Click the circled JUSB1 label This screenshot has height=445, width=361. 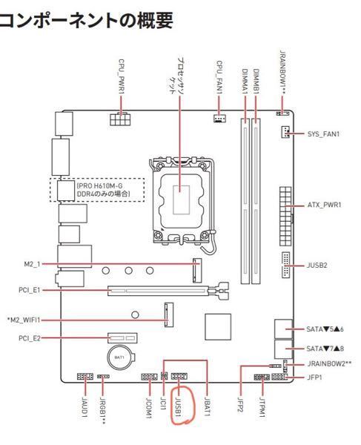click(x=178, y=407)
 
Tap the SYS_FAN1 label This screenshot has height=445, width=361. click(x=324, y=134)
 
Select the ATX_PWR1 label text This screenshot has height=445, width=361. click(x=325, y=205)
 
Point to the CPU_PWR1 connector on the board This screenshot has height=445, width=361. click(x=119, y=119)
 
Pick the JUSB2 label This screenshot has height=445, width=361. click(x=317, y=266)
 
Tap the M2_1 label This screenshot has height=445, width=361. click(x=32, y=264)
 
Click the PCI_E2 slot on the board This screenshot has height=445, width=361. click(x=122, y=338)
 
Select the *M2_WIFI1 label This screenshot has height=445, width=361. click(x=24, y=320)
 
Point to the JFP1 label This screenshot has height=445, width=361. click(x=315, y=378)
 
